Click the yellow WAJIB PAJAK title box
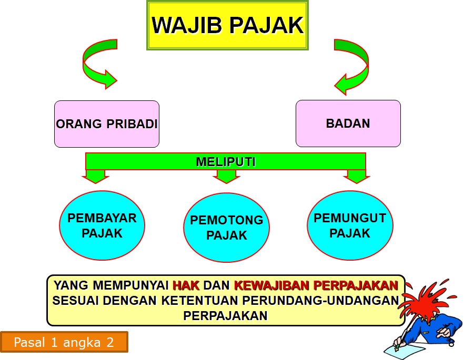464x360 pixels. (227, 26)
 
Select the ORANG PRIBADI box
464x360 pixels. (107, 124)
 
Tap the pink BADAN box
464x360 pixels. (348, 124)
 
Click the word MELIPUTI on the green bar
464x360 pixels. (226, 162)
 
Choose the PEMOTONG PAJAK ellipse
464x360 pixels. (227, 228)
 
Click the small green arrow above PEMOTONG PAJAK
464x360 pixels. (226, 176)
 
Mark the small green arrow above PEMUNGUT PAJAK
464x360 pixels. (356, 176)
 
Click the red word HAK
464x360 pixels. (186, 286)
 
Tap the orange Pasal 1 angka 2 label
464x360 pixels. (64, 342)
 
